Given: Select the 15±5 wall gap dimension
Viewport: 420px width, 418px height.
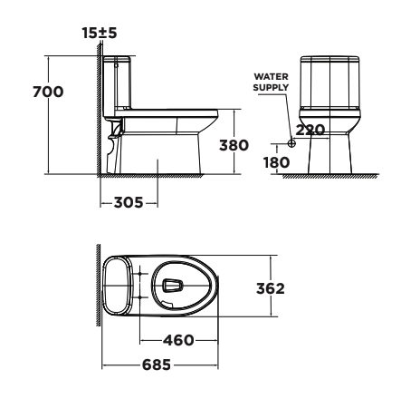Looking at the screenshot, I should [x=99, y=33].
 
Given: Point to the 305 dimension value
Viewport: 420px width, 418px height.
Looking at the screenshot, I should [x=129, y=203].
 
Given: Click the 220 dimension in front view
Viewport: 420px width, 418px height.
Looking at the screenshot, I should [x=310, y=130].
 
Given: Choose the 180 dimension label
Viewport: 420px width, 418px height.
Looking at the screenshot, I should [x=276, y=161].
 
